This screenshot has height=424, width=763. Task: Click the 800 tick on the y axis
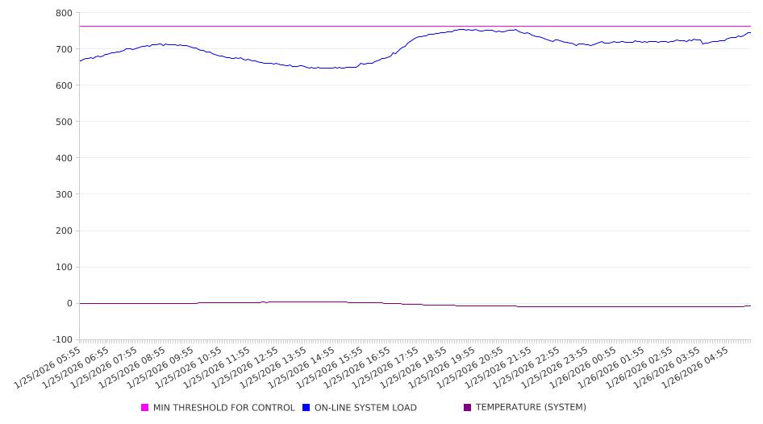click(63, 13)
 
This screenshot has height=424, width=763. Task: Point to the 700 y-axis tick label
click(63, 49)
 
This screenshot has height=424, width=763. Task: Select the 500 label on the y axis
click(63, 122)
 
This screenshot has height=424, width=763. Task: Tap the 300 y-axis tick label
click(63, 194)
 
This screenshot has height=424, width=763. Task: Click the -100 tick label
click(61, 339)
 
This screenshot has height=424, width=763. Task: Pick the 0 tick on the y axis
click(69, 303)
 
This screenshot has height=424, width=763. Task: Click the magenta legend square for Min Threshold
click(145, 408)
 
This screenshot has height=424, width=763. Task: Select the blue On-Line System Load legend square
click(306, 408)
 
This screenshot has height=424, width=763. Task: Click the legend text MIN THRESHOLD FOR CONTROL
click(223, 408)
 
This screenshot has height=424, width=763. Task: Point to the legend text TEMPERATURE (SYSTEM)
click(531, 408)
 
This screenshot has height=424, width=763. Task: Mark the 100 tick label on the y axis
click(63, 267)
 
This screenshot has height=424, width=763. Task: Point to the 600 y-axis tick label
click(63, 85)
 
